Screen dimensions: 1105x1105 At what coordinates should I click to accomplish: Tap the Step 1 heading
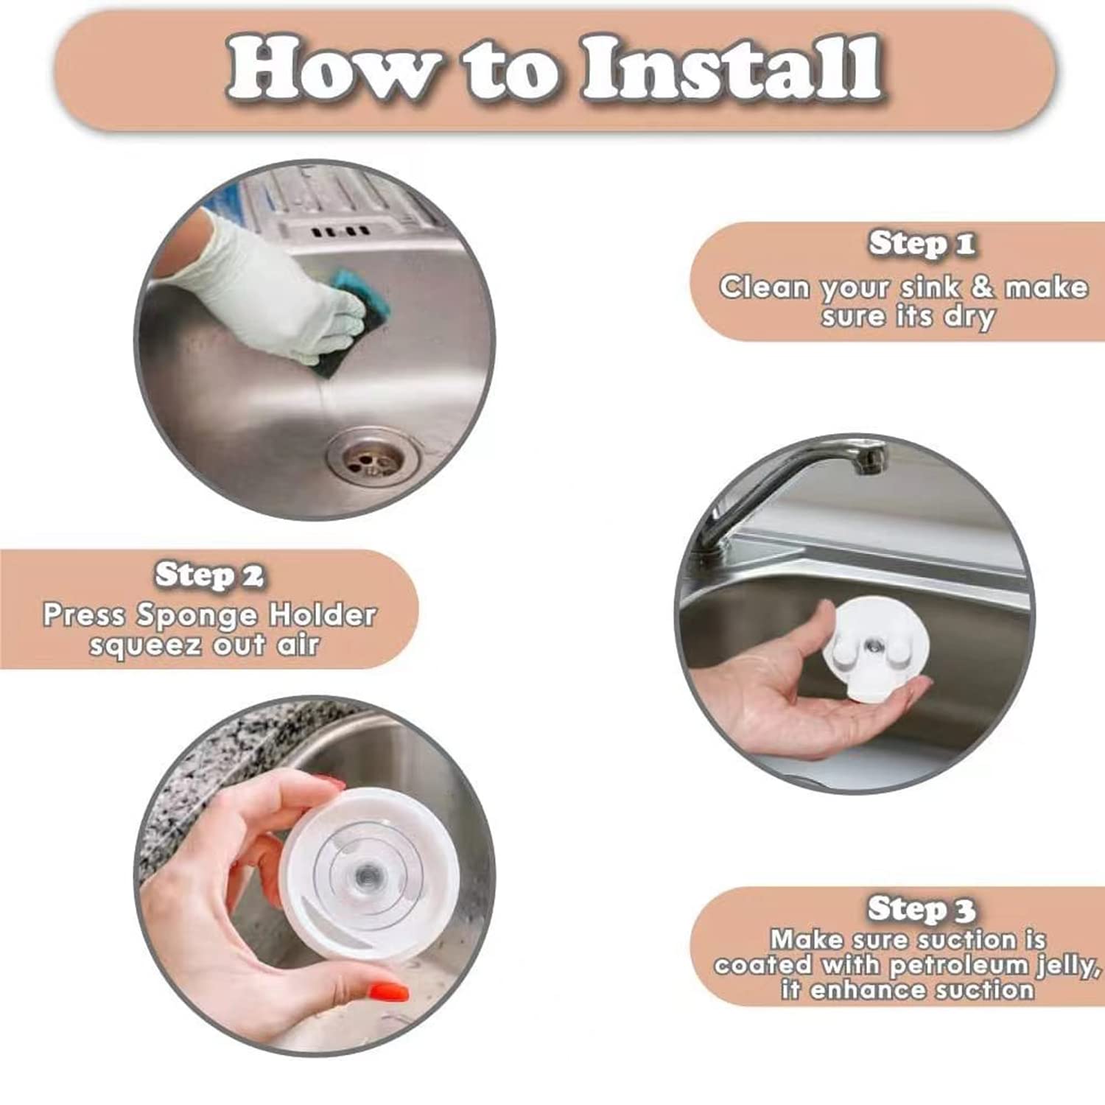pos(922,244)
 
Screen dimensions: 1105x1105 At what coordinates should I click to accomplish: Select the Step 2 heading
pos(209,575)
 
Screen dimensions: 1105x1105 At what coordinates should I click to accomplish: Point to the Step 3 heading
pos(922,909)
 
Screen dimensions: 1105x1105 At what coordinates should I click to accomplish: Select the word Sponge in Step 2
pos(196,615)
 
